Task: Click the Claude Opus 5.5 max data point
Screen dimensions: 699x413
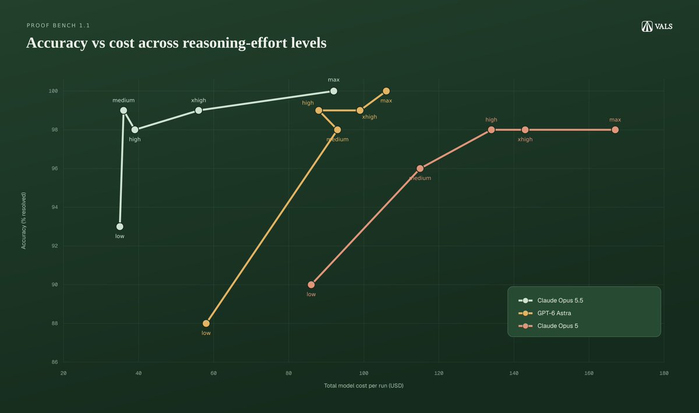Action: [x=334, y=91]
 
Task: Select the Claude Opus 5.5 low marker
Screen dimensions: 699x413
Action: [x=120, y=227]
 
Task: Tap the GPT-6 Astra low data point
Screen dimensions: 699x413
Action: [x=206, y=323]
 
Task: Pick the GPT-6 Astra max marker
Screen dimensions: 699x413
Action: [x=386, y=91]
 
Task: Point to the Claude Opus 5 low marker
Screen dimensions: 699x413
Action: [x=311, y=285]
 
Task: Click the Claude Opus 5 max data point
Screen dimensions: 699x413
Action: [x=615, y=130]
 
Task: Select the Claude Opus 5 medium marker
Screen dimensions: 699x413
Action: [x=420, y=168]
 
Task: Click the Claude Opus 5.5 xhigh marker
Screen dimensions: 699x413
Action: [x=199, y=111]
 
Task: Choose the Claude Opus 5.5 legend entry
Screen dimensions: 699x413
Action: [x=550, y=301]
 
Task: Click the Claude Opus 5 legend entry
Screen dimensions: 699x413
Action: [x=548, y=326]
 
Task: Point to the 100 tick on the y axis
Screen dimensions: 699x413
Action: [x=53, y=91]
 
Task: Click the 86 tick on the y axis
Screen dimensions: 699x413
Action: [x=55, y=362]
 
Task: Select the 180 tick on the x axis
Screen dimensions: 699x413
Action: [x=663, y=373]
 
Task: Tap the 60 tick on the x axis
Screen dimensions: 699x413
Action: [x=213, y=373]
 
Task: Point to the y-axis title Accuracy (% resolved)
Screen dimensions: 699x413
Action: [x=24, y=220]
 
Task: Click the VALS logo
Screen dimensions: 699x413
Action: [x=657, y=27]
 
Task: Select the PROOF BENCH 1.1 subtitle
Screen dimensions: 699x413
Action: [x=58, y=26]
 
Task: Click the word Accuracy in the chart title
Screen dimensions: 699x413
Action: [x=57, y=43]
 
